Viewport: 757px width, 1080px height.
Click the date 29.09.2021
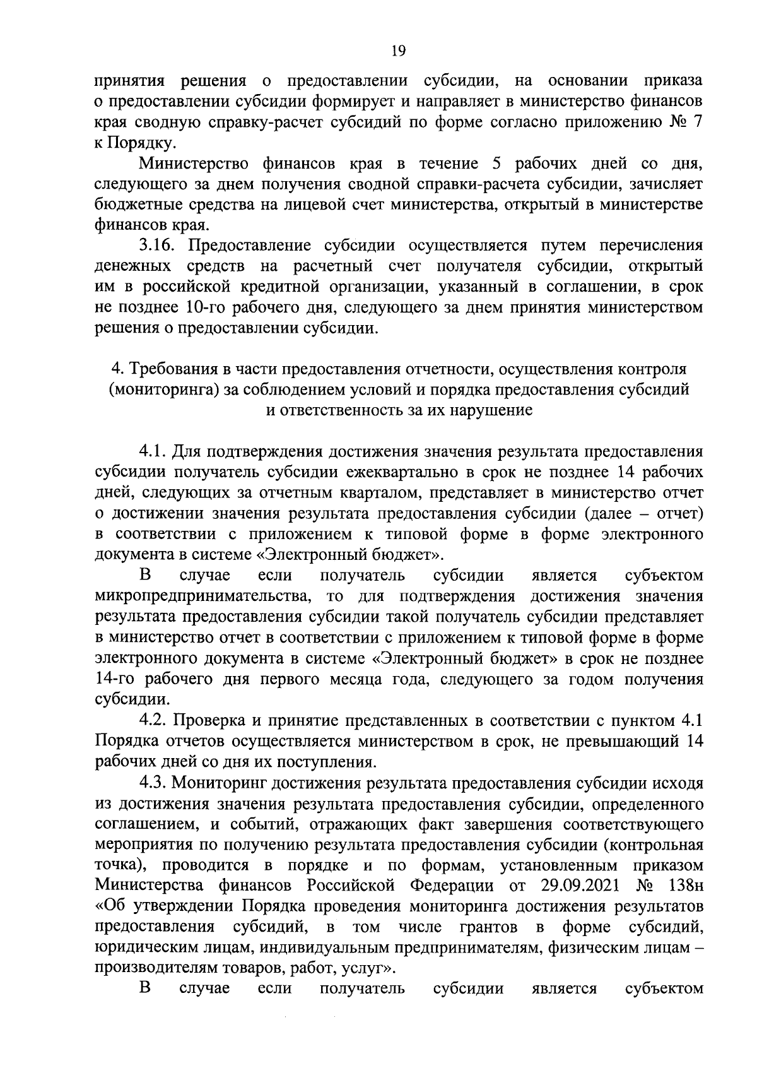(578, 885)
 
